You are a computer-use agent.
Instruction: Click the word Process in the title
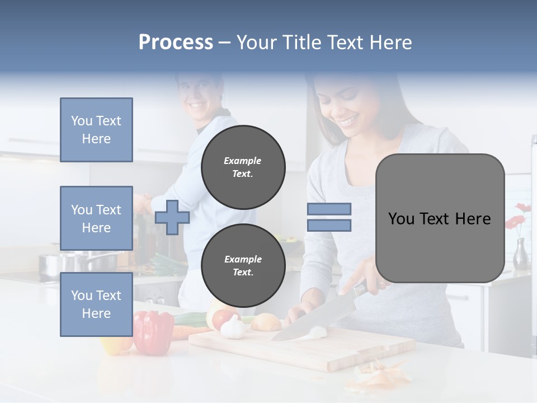176,43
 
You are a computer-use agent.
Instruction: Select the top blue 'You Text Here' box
96,130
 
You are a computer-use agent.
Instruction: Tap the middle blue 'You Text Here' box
96,218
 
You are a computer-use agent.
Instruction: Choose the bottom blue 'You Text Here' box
96,304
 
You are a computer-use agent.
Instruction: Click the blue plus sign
172,217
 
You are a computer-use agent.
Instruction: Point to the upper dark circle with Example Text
243,167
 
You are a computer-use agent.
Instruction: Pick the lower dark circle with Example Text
243,266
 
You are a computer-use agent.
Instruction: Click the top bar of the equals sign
329,209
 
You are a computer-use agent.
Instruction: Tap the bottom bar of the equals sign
329,226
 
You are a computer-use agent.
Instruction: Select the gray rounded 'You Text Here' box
440,218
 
